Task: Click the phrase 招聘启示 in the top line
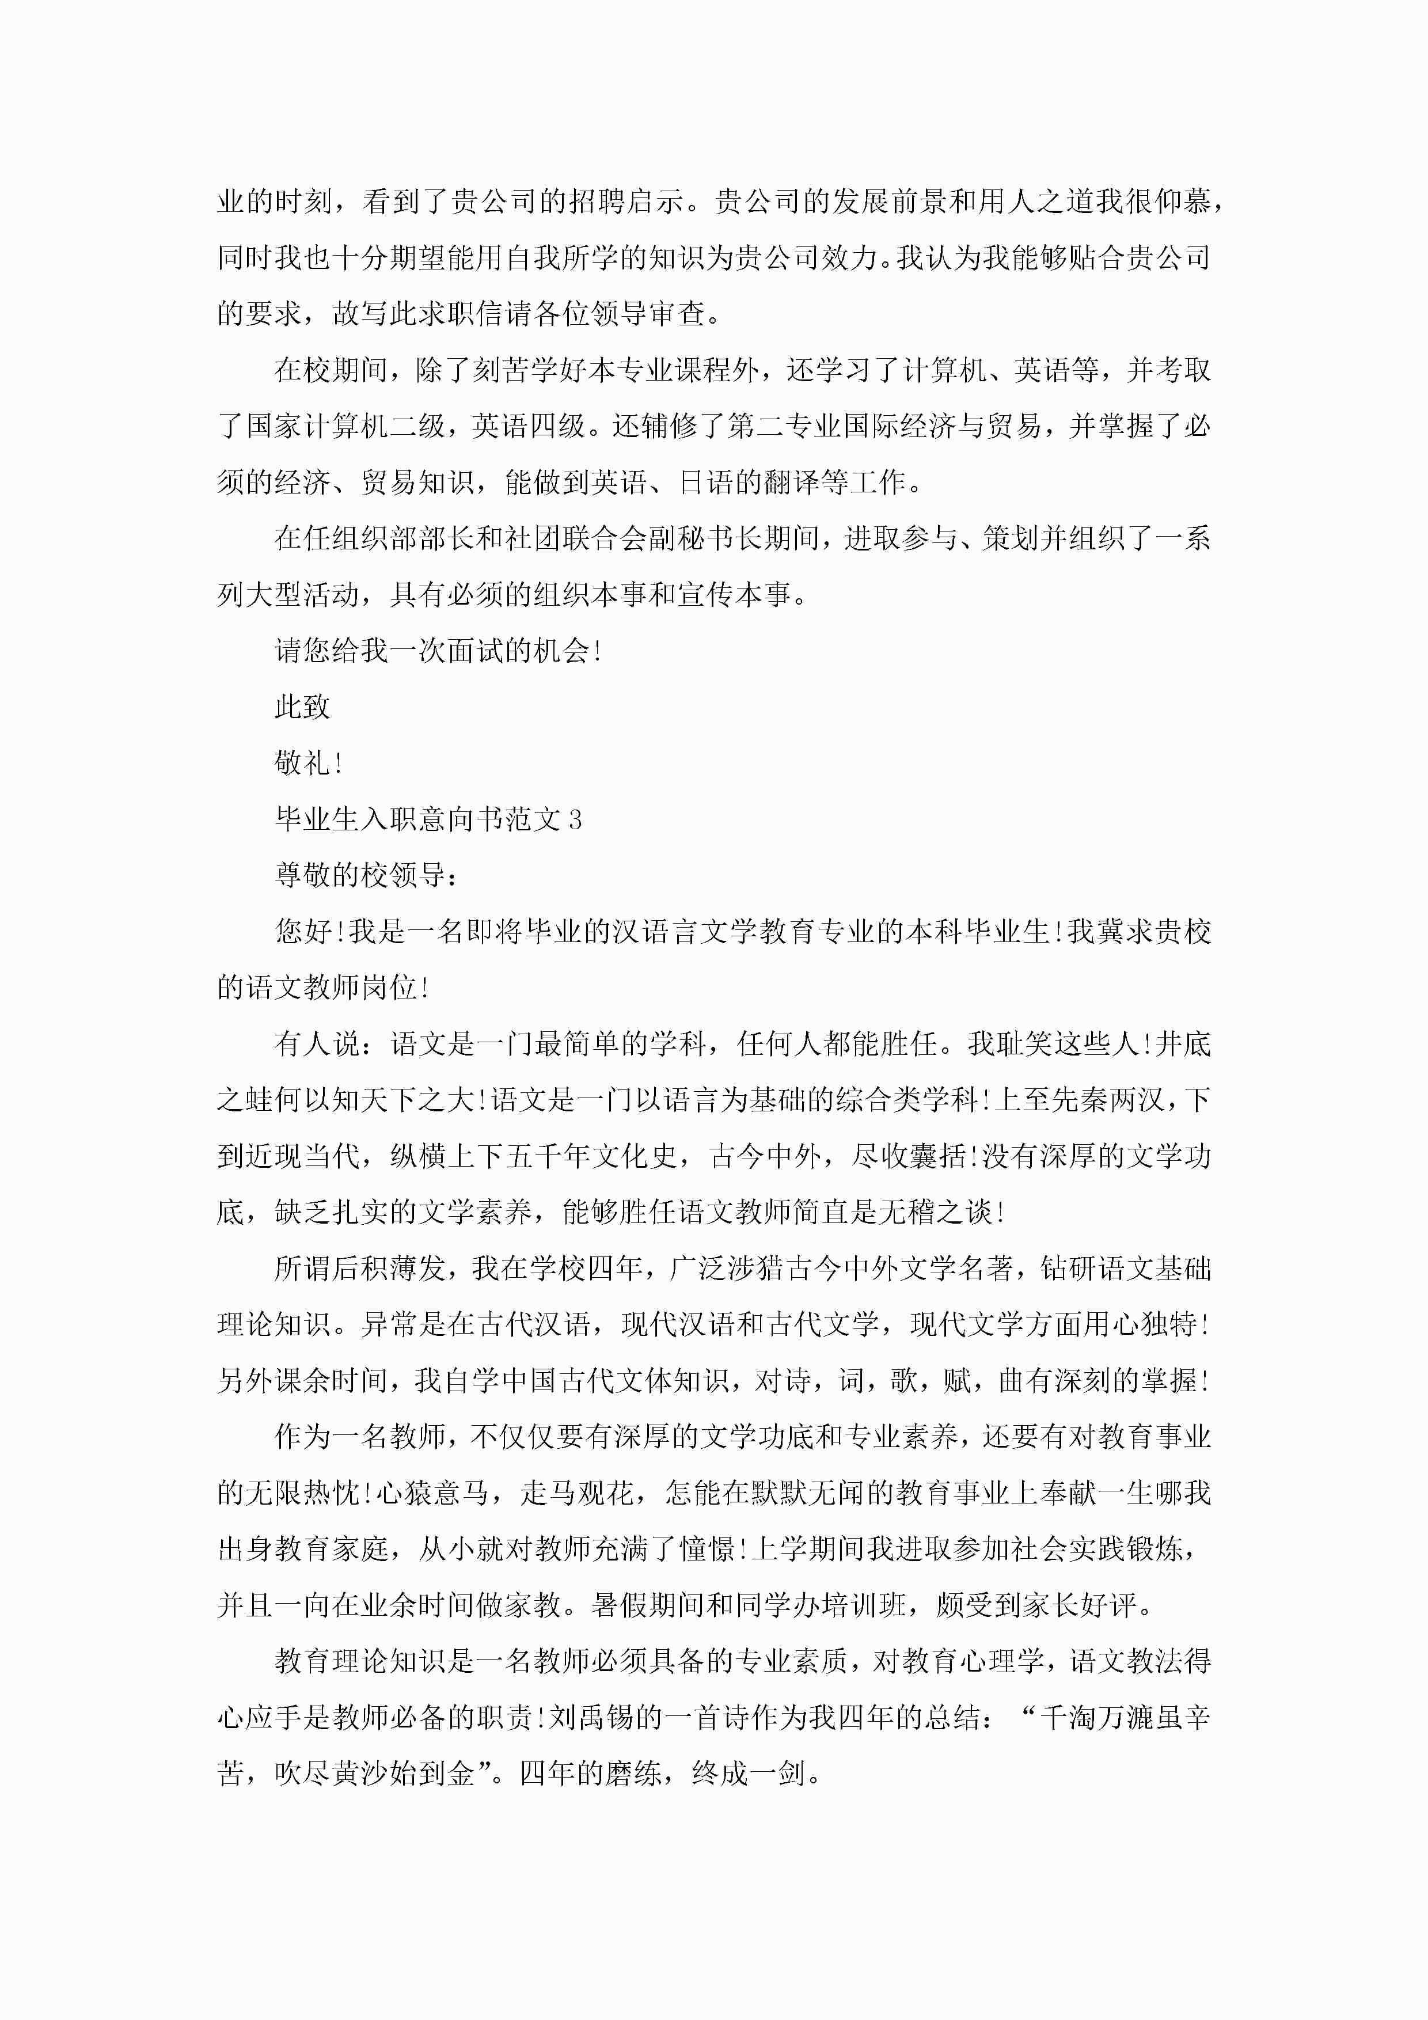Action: [x=625, y=202]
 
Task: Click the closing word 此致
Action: [x=302, y=707]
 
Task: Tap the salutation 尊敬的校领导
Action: [x=360, y=875]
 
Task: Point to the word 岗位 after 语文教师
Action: [x=388, y=988]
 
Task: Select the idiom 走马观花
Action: [x=576, y=1493]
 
